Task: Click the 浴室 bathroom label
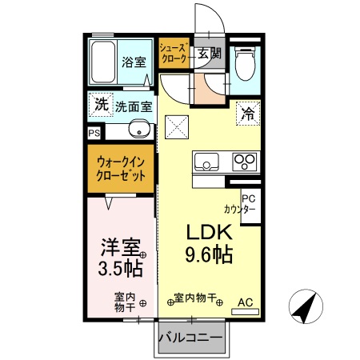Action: pyautogui.click(x=133, y=61)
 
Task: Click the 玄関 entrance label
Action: pyautogui.click(x=210, y=54)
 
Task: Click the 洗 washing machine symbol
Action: pyautogui.click(x=100, y=105)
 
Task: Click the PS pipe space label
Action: pyautogui.click(x=94, y=134)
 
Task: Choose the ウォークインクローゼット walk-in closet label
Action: pyautogui.click(x=121, y=167)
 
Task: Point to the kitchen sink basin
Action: pyautogui.click(x=206, y=162)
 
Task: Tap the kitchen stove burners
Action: pyautogui.click(x=245, y=162)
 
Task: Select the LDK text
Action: pyautogui.click(x=209, y=232)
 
